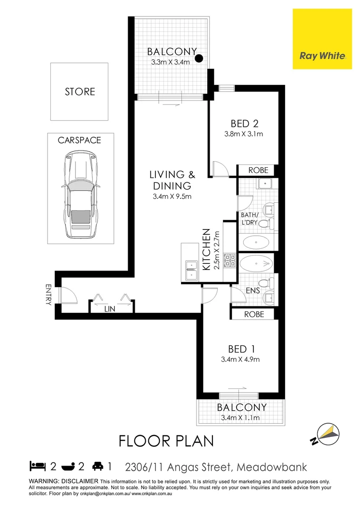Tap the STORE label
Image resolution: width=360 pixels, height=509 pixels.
coord(80,91)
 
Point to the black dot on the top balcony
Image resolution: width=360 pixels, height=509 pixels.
coord(199,58)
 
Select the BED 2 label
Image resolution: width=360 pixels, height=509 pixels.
coord(245,124)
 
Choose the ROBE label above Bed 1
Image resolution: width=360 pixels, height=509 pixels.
coord(254,314)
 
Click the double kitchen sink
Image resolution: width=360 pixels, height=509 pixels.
coord(191,270)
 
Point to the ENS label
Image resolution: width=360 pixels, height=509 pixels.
coord(253,291)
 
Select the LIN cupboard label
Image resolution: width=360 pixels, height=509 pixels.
coord(110,309)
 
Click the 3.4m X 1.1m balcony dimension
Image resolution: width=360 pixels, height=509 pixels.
coord(241,418)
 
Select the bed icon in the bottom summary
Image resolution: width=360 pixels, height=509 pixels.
coord(37,467)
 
